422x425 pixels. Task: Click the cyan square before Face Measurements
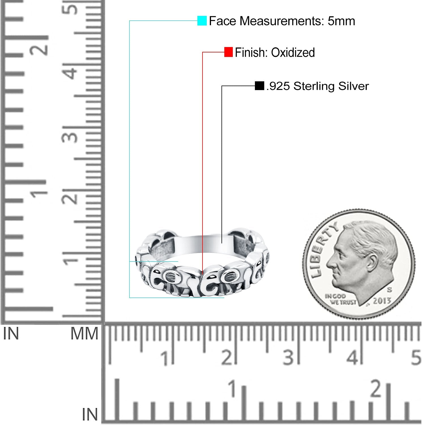click(202, 21)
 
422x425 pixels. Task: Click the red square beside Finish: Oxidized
click(228, 52)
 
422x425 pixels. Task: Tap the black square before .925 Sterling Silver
click(259, 86)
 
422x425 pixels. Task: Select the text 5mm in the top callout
click(341, 21)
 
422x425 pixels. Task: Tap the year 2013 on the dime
click(382, 301)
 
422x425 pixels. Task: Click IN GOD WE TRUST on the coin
click(340, 299)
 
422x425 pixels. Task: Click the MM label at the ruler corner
click(84, 333)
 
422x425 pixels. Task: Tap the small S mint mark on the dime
click(390, 290)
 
